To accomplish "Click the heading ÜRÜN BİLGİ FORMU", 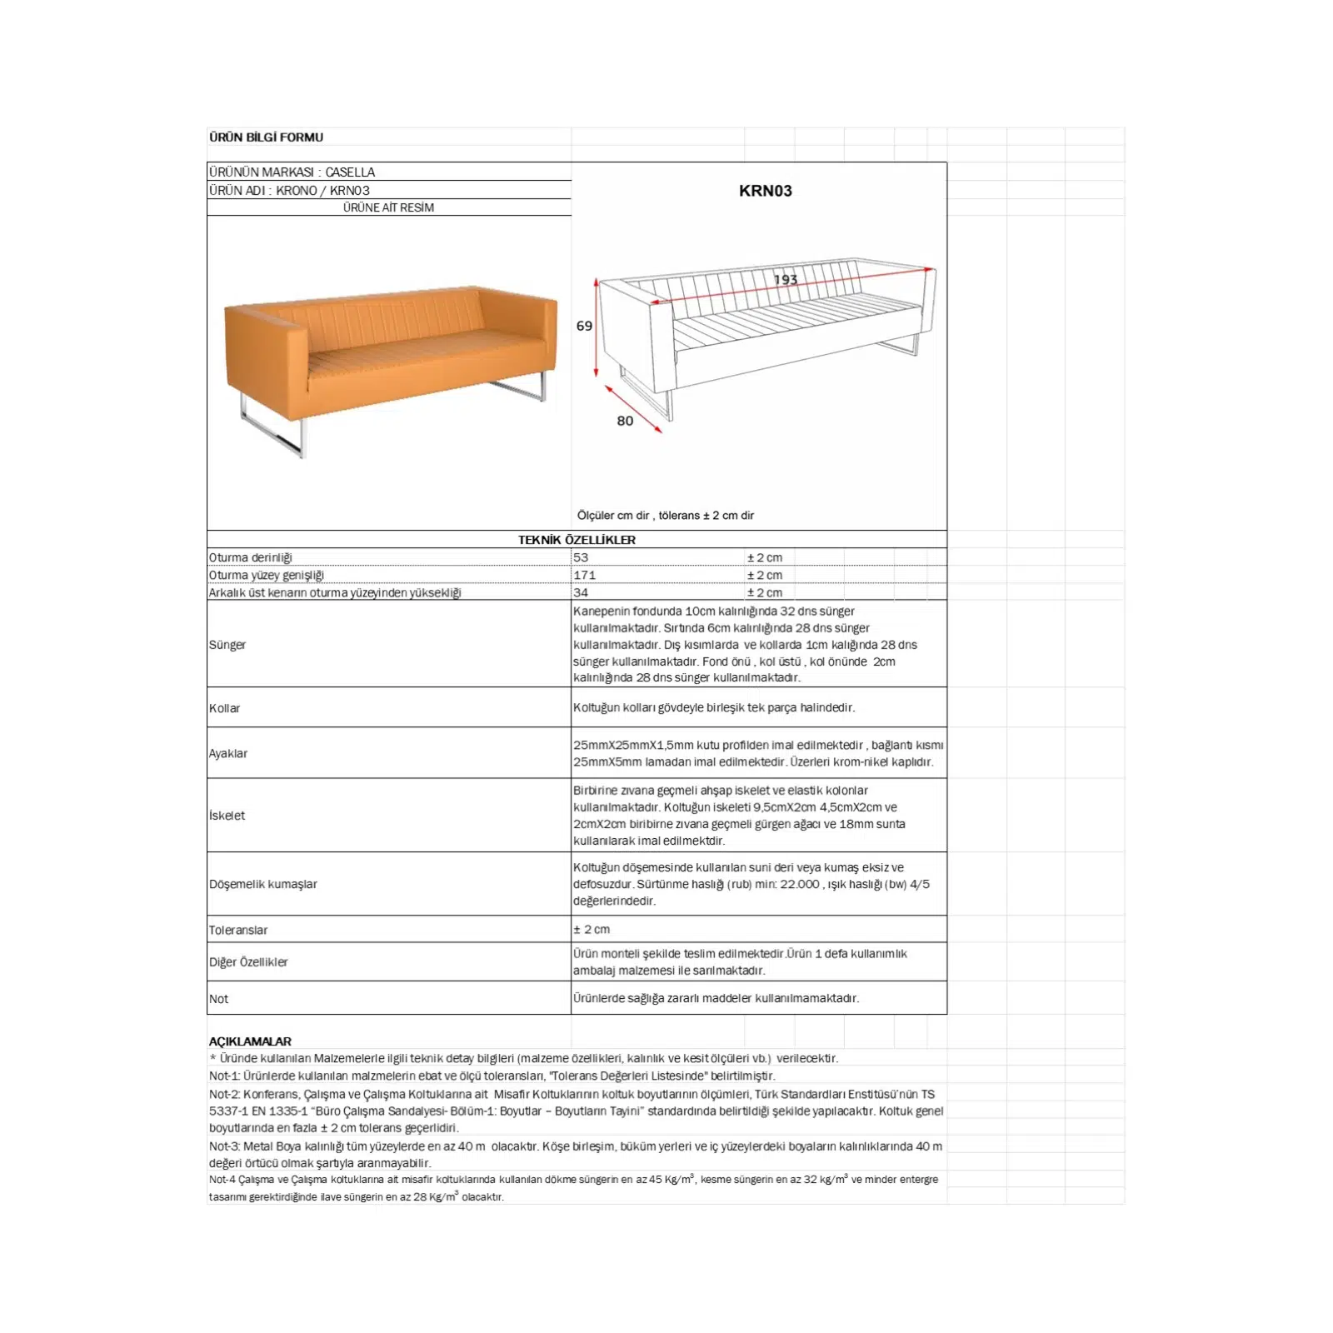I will tap(266, 137).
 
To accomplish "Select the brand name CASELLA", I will tap(350, 172).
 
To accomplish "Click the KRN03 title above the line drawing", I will tap(765, 191).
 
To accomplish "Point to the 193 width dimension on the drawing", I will tap(785, 280).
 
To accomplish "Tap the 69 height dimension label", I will tap(584, 326).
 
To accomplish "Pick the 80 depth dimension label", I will tap(625, 421).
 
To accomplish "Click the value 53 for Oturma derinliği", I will tap(581, 557).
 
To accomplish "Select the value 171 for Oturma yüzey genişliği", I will tap(584, 575).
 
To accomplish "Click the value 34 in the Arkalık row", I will tap(581, 592).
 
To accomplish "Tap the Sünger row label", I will tap(227, 645).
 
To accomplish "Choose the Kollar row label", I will tap(224, 708).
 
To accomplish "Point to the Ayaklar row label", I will tap(228, 753).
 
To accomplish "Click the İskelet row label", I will tap(227, 816).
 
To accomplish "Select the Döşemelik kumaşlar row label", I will tap(263, 884).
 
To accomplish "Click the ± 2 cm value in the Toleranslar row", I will tap(592, 929).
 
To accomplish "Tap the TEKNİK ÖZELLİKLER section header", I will tap(577, 540).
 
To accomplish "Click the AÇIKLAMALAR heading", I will tap(250, 1041).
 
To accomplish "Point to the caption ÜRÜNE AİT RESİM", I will tap(388, 207).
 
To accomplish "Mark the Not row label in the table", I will tap(218, 999).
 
